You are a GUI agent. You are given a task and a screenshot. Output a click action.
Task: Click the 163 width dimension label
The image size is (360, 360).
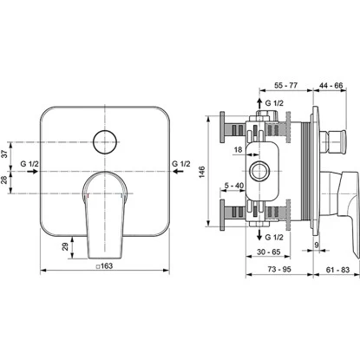[104, 265]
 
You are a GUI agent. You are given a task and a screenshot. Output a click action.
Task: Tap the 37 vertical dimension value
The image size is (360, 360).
[5, 154]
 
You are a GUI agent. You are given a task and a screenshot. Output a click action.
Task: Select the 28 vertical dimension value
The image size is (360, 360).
[5, 180]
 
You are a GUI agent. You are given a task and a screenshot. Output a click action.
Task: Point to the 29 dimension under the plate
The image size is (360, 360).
[65, 246]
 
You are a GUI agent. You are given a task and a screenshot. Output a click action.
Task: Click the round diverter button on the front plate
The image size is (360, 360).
[105, 142]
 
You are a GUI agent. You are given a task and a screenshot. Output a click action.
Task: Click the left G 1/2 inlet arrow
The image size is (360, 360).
[33, 171]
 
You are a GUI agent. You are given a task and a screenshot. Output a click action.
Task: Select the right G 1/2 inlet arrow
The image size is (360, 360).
[178, 171]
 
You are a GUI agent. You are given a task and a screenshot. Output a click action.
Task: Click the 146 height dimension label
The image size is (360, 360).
[202, 172]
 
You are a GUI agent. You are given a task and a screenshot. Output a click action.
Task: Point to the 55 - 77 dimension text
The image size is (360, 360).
[286, 85]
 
